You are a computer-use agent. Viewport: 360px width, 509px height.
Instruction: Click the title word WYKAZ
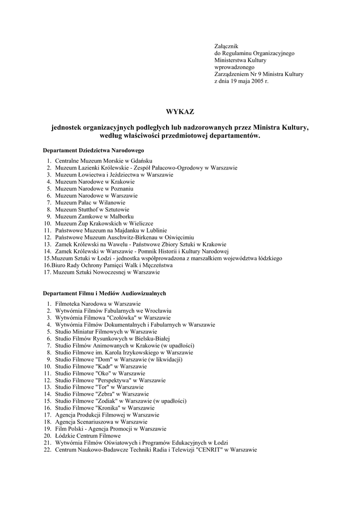click(x=180, y=111)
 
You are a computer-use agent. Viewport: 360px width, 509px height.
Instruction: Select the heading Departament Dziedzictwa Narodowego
click(x=93, y=150)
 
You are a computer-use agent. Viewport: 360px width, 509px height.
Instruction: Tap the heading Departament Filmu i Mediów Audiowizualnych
click(x=104, y=293)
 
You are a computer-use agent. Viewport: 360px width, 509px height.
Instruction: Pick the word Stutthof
click(x=86, y=210)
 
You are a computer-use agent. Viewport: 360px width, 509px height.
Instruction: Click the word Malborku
click(x=120, y=217)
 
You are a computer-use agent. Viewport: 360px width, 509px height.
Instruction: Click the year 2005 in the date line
click(x=256, y=81)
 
